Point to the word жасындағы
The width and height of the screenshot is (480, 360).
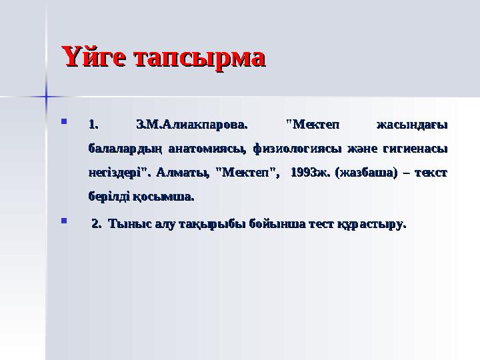click(x=411, y=123)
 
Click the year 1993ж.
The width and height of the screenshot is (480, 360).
click(x=311, y=172)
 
